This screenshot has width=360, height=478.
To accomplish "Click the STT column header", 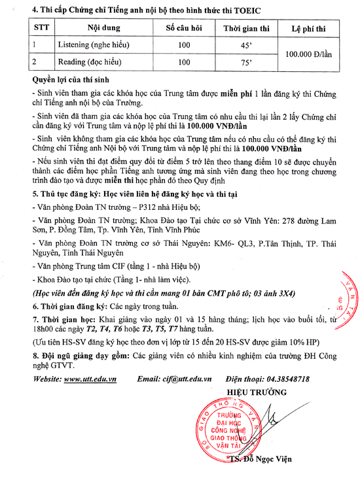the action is pos(33,28).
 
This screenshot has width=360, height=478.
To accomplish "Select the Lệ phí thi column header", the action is pos(308,28).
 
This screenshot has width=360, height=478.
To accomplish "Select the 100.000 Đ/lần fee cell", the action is pos(309,54).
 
